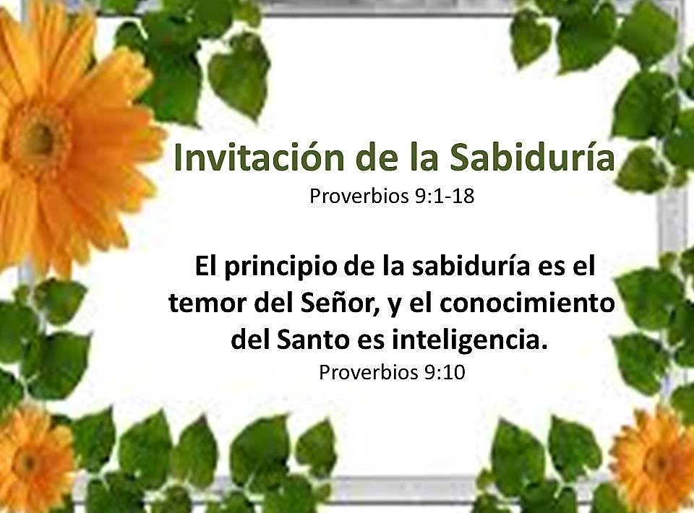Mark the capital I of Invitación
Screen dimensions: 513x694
coord(179,159)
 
